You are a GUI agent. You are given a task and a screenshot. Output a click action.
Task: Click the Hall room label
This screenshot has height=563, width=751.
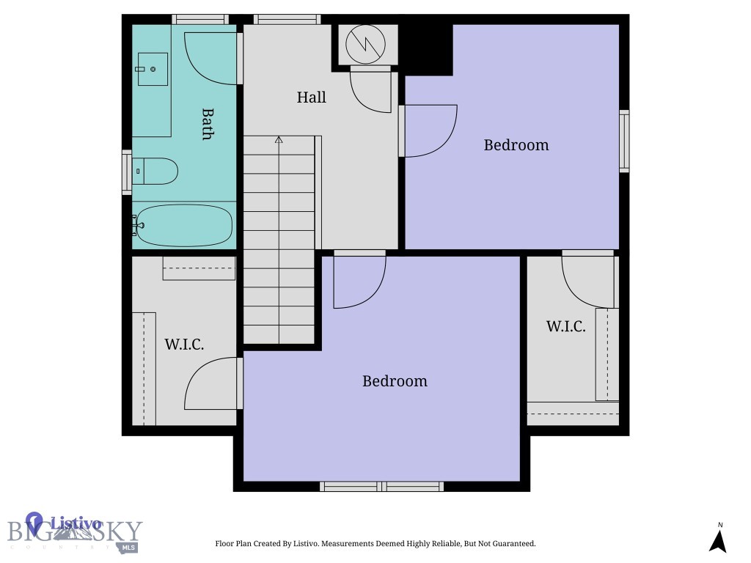pos(311,97)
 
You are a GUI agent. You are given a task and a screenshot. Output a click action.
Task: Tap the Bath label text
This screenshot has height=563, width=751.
pos(208,124)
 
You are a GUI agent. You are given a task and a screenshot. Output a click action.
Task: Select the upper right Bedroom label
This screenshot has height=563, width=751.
pos(516,145)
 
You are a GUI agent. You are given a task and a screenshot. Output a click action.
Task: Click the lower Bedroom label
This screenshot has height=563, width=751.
pos(395,381)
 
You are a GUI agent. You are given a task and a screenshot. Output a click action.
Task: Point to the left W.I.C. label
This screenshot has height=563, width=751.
pos(183,345)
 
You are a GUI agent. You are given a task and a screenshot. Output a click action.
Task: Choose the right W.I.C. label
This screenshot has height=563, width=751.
pos(565,327)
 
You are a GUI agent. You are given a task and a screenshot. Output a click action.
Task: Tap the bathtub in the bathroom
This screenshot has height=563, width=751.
pos(184,225)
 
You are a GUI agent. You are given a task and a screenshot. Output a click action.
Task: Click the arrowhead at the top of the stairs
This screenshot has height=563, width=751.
pos(279,139)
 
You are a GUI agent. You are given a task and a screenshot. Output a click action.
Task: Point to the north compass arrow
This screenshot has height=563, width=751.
pos(718,541)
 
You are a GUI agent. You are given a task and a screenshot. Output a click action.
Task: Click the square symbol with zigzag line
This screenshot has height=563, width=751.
pos(366,44)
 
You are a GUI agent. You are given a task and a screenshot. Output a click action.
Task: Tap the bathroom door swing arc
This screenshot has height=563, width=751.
pos(211,57)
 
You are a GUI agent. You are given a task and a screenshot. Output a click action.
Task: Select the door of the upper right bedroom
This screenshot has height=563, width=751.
pos(431,130)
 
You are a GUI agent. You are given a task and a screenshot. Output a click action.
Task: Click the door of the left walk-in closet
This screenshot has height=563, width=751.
pos(211,383)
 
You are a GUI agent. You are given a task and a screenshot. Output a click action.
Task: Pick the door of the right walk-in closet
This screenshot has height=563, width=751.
pos(587,281)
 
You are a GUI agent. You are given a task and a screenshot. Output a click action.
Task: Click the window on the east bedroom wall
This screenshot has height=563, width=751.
pos(624,141)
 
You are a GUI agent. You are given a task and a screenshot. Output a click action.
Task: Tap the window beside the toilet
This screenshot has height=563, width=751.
pos(126,172)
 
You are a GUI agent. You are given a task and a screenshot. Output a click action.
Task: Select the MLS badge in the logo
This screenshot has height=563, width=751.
pos(129,547)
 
